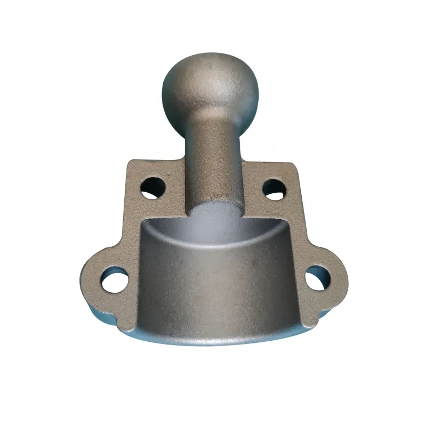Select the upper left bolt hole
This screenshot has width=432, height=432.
(153, 187)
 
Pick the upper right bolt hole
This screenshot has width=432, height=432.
(274, 190)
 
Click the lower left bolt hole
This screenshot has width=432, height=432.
(114, 280)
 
